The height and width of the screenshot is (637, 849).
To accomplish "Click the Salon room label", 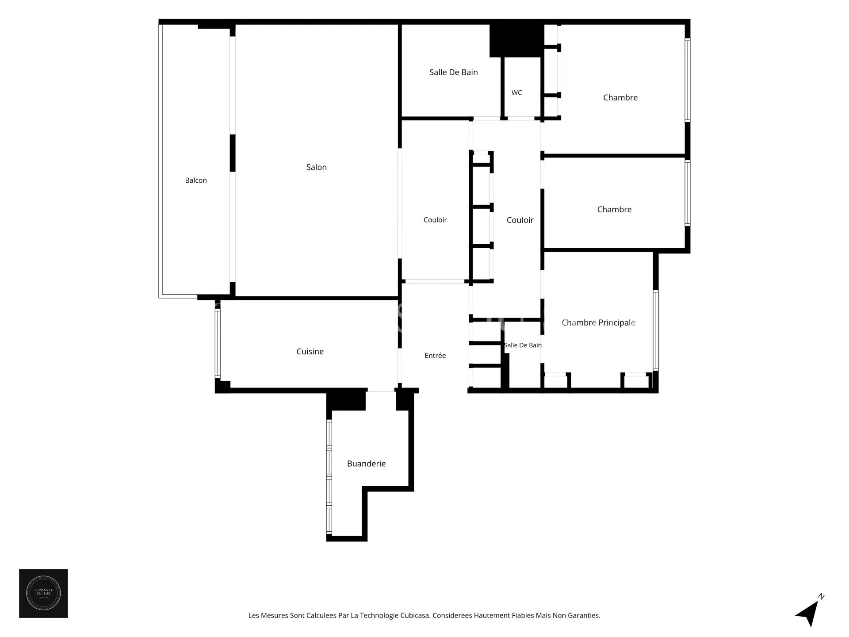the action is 317,167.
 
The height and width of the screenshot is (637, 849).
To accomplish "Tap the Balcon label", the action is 196,180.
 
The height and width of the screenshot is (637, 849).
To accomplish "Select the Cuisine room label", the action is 310,352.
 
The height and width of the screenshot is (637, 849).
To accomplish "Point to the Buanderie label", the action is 366,464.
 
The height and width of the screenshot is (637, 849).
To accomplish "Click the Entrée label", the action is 435,356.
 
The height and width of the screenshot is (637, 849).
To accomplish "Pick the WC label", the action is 516,93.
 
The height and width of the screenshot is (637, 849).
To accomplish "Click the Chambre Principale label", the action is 598,323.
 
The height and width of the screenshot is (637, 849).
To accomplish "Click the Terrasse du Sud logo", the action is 43,593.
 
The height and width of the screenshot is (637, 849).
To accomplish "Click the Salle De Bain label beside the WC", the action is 454,73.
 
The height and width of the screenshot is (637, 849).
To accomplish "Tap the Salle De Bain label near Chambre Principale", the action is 523,345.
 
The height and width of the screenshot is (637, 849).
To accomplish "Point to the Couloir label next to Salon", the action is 435,220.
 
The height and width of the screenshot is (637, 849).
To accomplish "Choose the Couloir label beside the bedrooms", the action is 520,220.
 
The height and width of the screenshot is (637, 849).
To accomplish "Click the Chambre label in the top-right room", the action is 620,98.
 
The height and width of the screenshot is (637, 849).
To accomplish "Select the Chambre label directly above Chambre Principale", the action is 614,210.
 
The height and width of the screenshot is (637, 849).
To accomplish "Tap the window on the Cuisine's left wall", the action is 218,343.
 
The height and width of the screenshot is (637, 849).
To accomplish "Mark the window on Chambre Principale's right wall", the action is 656,330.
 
